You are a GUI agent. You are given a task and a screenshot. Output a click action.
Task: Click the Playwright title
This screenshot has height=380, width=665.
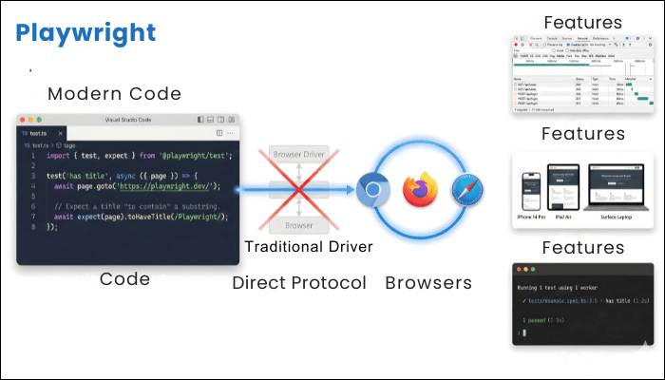(85, 33)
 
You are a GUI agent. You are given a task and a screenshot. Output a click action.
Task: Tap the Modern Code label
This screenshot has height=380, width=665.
(114, 94)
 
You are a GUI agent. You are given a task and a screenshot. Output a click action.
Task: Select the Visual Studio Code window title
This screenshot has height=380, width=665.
(127, 120)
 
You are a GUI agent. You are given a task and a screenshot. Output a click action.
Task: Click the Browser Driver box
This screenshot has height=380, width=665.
(299, 153)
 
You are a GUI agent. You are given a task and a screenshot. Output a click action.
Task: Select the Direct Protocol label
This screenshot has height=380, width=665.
(299, 282)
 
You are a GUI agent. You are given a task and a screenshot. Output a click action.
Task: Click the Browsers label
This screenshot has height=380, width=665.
(428, 282)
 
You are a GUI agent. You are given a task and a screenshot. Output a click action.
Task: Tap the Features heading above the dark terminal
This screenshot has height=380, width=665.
(582, 248)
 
